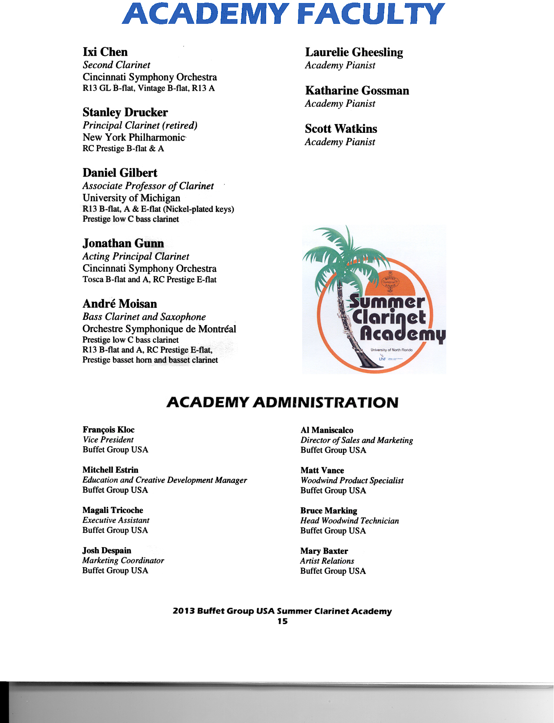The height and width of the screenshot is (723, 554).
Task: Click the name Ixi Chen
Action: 105,52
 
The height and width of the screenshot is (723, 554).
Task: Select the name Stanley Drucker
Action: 125,112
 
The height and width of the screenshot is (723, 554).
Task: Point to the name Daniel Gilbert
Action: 120,173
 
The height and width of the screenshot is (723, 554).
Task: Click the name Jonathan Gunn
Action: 123,243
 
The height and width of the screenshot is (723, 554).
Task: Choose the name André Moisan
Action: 120,303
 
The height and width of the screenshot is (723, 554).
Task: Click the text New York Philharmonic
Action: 134,137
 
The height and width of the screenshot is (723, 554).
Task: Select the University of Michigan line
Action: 131,198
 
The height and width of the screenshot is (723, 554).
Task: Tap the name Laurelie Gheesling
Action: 354,52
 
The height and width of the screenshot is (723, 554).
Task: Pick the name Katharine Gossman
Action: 357,90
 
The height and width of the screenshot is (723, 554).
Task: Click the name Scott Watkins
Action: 341,129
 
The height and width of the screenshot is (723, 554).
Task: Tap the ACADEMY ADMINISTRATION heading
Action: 282,402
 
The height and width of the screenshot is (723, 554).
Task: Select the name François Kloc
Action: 109,430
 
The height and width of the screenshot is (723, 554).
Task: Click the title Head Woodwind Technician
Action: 350,521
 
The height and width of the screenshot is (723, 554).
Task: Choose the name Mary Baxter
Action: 324,551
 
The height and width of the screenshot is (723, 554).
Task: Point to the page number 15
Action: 282,621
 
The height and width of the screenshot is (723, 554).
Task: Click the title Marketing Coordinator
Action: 123,561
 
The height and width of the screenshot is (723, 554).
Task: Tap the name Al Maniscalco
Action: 327,430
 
